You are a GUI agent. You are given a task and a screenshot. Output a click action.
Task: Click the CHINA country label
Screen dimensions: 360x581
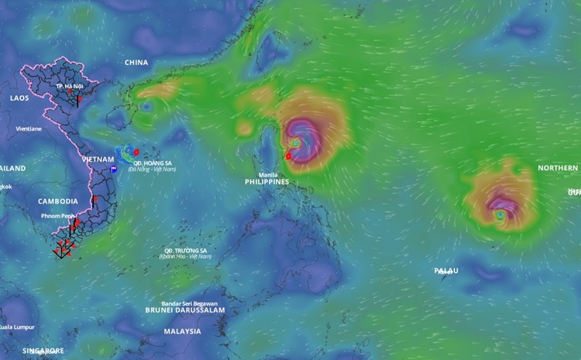(x=137, y=62)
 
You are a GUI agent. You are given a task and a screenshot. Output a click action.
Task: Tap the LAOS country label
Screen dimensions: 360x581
(x=20, y=97)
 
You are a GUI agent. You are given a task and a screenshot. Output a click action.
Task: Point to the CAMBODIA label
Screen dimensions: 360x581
(x=57, y=201)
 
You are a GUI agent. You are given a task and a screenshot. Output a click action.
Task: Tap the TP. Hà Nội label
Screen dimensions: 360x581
(x=70, y=86)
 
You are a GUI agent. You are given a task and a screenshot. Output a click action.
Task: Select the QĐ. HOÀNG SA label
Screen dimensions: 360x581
(x=158, y=163)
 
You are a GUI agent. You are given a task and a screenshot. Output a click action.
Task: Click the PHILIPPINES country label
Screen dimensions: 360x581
(x=267, y=183)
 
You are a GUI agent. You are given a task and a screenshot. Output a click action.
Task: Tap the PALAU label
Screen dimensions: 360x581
(x=446, y=271)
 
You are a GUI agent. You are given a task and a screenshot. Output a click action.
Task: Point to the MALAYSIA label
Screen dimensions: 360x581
(x=182, y=331)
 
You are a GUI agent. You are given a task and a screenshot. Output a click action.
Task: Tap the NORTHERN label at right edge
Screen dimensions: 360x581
(x=558, y=168)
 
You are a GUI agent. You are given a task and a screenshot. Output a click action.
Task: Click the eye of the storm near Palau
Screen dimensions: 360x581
(x=500, y=215)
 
